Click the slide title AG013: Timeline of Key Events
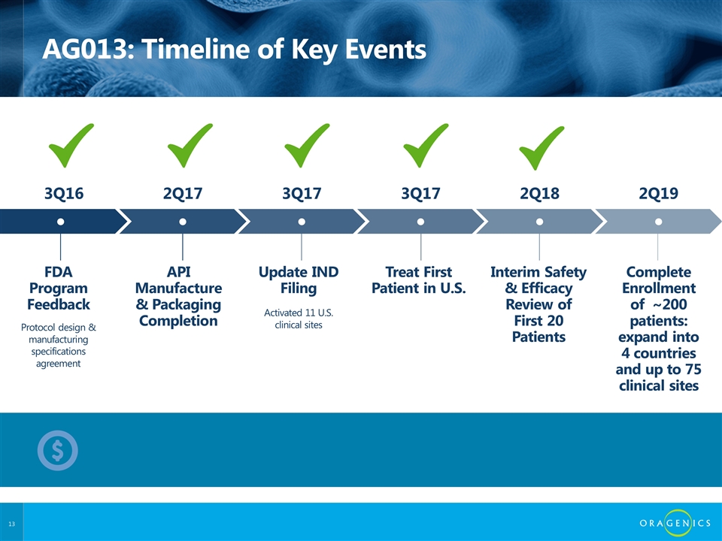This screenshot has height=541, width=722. [x=234, y=49]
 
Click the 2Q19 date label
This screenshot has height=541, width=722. [x=659, y=193]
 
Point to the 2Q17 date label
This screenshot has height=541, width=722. [x=183, y=193]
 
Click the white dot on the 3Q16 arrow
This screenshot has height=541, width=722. [x=60, y=222]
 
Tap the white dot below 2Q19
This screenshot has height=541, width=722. [x=659, y=222]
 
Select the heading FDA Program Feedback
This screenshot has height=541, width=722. [x=59, y=288]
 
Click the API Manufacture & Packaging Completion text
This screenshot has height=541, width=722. [x=179, y=296]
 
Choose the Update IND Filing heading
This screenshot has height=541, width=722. [x=299, y=280]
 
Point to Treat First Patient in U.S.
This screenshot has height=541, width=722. [x=419, y=280]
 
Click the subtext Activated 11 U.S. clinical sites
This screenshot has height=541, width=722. [x=299, y=319]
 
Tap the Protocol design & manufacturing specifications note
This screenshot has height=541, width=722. [x=59, y=345]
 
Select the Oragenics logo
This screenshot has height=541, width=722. [x=675, y=523]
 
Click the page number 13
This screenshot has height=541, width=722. [x=11, y=524]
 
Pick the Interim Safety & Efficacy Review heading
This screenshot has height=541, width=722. [x=538, y=304]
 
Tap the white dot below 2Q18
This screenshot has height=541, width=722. [x=540, y=222]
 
